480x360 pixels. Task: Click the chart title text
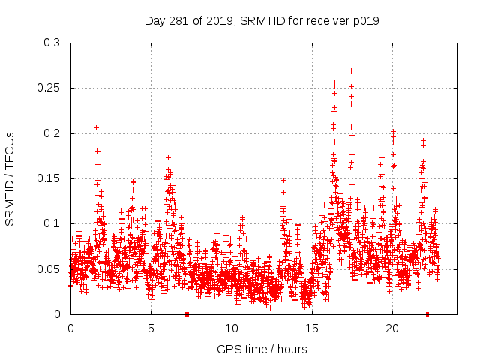point(262,20)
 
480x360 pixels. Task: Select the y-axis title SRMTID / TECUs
point(10,178)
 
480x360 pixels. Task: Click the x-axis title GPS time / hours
point(262,349)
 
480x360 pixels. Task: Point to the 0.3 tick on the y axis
point(52,43)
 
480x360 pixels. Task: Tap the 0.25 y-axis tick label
point(49,88)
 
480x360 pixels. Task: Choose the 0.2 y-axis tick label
point(52,133)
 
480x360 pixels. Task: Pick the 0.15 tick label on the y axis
point(49,178)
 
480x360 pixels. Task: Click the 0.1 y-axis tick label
point(52,223)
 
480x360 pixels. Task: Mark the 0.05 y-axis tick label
point(49,268)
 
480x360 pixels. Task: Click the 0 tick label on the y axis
point(58,314)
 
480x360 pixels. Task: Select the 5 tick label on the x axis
point(151,328)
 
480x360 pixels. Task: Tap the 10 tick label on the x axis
point(231,328)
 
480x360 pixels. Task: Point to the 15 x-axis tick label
point(311,328)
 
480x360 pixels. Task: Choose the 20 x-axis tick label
point(391,328)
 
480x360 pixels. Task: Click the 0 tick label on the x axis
point(70,328)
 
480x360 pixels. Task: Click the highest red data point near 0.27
point(351,70)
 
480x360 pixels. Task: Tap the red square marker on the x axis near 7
point(187,314)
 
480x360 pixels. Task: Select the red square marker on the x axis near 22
point(427,314)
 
